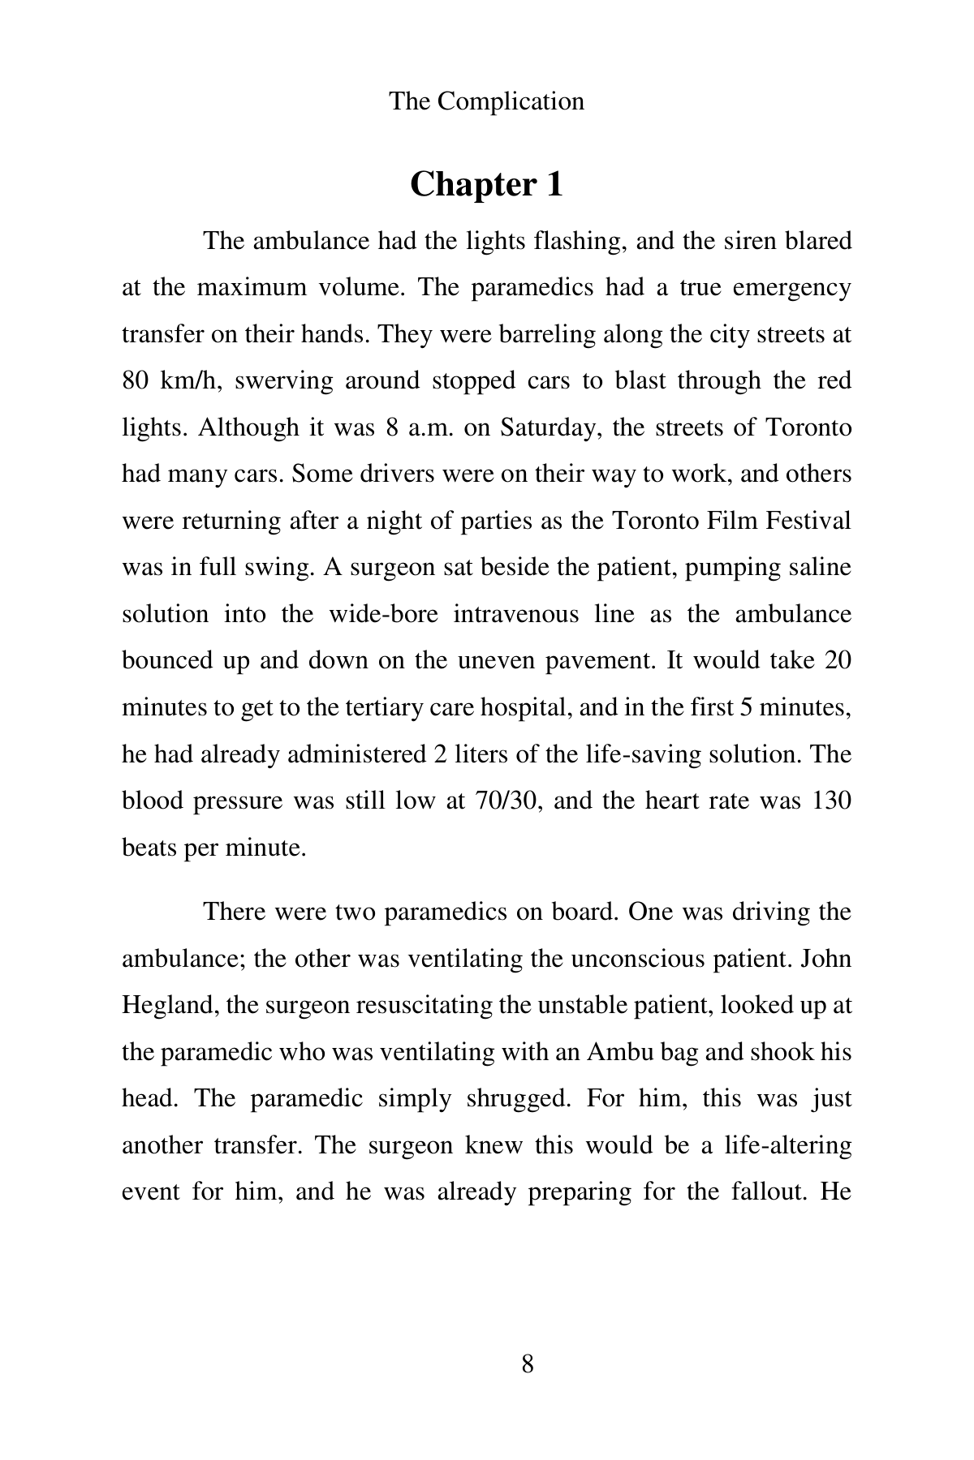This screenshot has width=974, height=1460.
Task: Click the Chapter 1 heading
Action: coord(486,185)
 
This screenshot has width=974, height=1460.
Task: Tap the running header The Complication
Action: coord(486,101)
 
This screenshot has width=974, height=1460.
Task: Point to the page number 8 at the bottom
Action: coord(528,1364)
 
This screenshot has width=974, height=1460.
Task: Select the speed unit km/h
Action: coord(190,380)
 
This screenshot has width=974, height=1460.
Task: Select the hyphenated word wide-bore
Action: coord(383,614)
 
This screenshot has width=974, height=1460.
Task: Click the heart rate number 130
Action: coord(829,801)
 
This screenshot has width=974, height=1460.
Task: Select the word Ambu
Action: coord(618,1052)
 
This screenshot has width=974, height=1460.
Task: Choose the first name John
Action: coord(825,959)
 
